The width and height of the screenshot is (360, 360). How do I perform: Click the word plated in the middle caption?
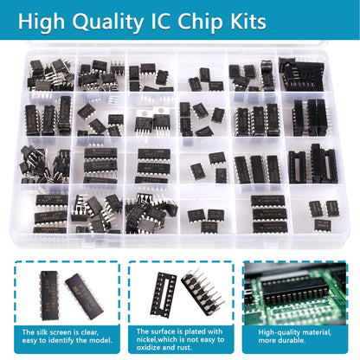point(194,331)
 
